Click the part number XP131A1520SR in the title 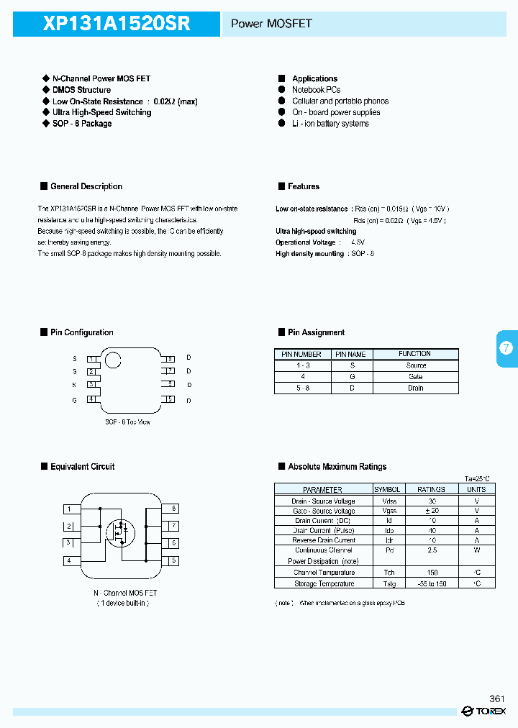point(117,24)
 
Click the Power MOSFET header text point(271,24)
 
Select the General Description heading point(86,186)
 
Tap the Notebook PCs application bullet point(316,90)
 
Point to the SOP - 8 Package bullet point(81,124)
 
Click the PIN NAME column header point(350,354)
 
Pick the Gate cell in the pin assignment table point(415,377)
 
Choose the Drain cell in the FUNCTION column point(415,388)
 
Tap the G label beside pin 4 point(74,400)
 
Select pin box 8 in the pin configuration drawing point(170,358)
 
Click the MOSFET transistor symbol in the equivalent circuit point(120,532)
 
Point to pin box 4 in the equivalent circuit point(69,560)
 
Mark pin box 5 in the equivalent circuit point(173,560)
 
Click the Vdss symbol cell point(389,501)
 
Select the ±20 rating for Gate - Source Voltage point(431,511)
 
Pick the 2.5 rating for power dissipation point(431,550)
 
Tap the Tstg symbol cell point(389,584)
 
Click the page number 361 point(496,699)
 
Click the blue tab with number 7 point(506,348)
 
